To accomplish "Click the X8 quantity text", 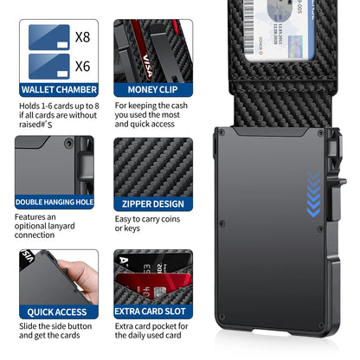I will pos(82,37).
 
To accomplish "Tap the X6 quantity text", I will pos(82,64).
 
